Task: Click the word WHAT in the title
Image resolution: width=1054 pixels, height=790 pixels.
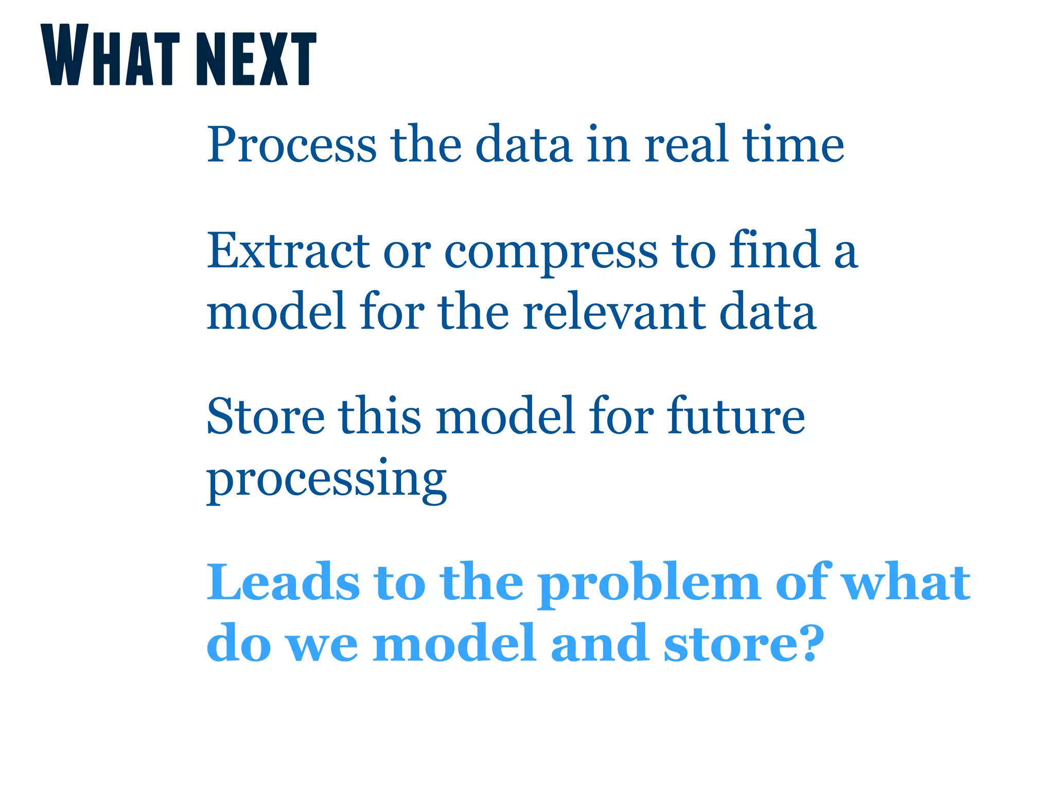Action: (x=110, y=56)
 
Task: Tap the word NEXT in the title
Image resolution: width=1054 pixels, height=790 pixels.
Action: (x=256, y=58)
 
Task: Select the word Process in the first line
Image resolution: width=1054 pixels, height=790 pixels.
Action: (x=292, y=145)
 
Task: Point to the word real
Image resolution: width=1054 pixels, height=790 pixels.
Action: (x=686, y=145)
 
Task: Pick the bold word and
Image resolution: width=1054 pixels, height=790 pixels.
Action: (x=599, y=642)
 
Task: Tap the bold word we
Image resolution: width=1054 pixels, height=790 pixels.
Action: (x=322, y=645)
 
